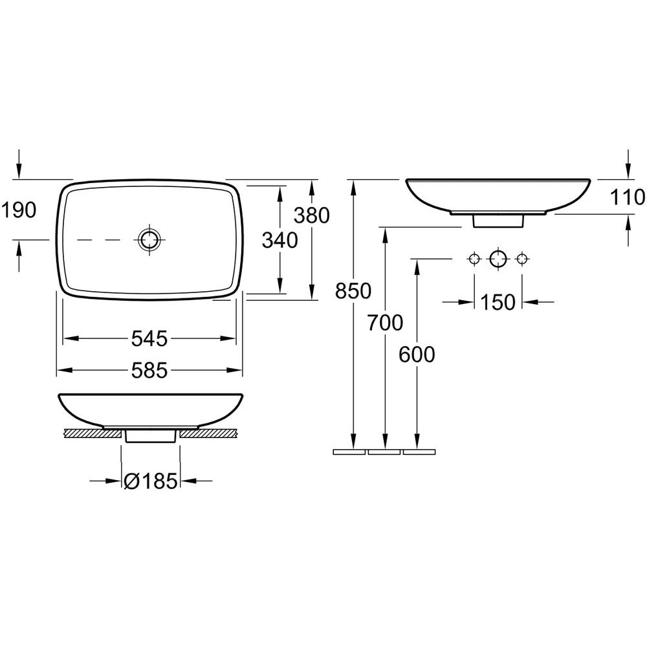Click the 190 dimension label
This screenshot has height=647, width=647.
pos(19,210)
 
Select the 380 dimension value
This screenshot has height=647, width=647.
pos(312,215)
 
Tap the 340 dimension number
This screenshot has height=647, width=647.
pos(280,241)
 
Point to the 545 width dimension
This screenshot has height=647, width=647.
pos(149,339)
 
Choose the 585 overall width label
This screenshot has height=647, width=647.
pos(149,371)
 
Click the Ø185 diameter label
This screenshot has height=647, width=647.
pos(151,481)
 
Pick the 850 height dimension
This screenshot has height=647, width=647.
pos(353,291)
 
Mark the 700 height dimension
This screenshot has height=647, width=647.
pos(385,323)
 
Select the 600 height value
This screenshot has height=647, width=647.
pos(417,355)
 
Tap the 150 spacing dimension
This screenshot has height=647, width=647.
pos(498,302)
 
